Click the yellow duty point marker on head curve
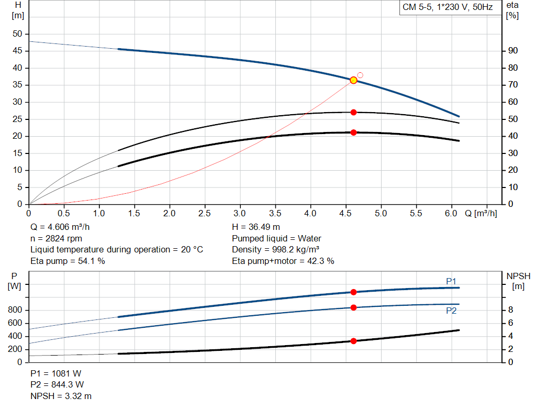pos(353,80)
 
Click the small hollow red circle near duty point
pos(360,75)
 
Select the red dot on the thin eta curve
pos(353,112)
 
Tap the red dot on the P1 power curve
pos(353,292)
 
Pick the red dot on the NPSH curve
pos(353,341)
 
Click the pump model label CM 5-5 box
pos(447,7)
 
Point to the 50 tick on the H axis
pos(18,34)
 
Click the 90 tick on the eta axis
pos(513,51)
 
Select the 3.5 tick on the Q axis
pos(275,213)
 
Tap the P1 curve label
pos(451,282)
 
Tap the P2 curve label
pos(451,311)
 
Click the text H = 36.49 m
pos(256,227)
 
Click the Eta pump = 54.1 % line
pos(68,261)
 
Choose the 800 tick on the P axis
pos(16,310)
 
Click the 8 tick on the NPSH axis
pos(510,310)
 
